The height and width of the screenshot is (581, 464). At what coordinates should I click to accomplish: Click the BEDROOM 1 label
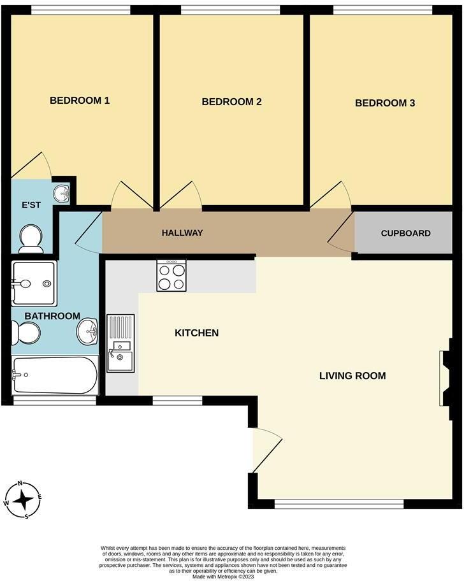pos(80,100)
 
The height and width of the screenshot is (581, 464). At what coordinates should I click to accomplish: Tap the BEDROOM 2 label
pos(232,101)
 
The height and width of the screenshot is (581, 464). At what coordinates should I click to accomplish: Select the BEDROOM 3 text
pos(385,103)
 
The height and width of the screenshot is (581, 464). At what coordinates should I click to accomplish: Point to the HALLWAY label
pos(182,233)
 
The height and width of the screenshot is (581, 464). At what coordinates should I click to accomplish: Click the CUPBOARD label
pos(405,233)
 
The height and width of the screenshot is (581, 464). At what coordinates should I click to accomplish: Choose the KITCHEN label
pos(197,333)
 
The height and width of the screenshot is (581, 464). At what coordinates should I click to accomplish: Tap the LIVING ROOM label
pos(352,375)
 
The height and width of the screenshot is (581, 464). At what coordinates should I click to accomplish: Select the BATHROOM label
pos(52,316)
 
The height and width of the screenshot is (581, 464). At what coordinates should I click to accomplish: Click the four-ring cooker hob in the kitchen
pos(171,275)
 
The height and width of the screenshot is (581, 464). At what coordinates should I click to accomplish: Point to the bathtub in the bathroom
pos(55,375)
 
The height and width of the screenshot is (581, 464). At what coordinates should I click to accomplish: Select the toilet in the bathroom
pos(26,333)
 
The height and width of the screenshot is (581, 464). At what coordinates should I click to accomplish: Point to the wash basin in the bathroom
pos(88,331)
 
